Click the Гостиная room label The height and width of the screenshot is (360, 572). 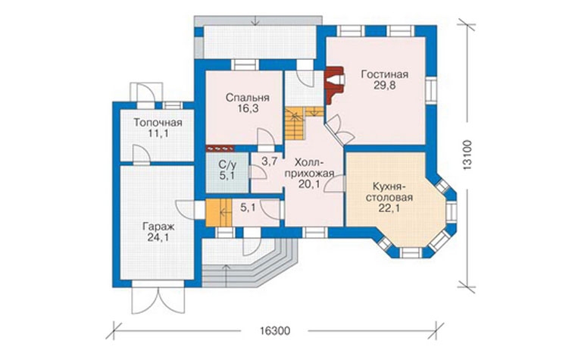pyautogui.click(x=385, y=74)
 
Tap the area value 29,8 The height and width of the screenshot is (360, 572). pyautogui.click(x=385, y=86)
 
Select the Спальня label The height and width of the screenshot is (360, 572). pyautogui.click(x=247, y=98)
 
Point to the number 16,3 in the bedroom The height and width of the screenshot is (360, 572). pyautogui.click(x=247, y=108)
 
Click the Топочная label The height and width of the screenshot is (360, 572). pyautogui.click(x=158, y=122)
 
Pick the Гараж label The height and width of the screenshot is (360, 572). pyautogui.click(x=158, y=227)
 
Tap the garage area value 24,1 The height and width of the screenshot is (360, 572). pyautogui.click(x=158, y=238)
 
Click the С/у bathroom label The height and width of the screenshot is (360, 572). pyautogui.click(x=227, y=164)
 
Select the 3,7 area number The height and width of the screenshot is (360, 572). pyautogui.click(x=270, y=161)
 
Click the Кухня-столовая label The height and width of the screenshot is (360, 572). pyautogui.click(x=389, y=192)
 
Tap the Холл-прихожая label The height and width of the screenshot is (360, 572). pyautogui.click(x=309, y=167)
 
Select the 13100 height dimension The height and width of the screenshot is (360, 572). pyautogui.click(x=467, y=155)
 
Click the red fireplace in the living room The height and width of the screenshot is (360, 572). pyautogui.click(x=334, y=86)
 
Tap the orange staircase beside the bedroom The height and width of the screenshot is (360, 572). pyautogui.click(x=295, y=124)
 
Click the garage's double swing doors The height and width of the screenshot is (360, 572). pyautogui.click(x=158, y=301)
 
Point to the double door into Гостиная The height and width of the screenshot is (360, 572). pyautogui.click(x=340, y=130)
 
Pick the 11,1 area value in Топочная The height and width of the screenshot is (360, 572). pyautogui.click(x=158, y=133)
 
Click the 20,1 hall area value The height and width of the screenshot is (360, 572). pyautogui.click(x=309, y=184)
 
